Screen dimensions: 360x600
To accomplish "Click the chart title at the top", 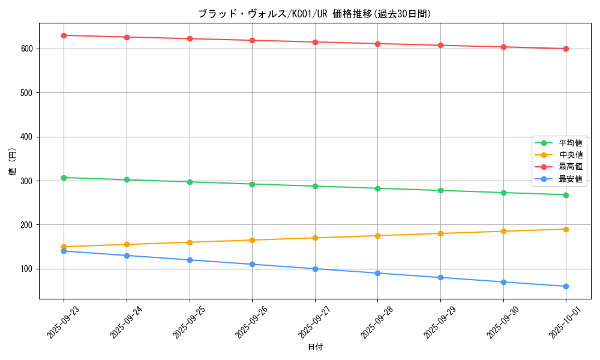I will point(314,14).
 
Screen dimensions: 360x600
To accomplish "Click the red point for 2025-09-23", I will point(64,35).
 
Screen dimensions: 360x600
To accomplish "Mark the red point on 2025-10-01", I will point(566,49).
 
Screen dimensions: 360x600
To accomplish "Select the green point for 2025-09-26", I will point(252,184).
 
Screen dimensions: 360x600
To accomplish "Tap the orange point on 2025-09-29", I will point(440,233).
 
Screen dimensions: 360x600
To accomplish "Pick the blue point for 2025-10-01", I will point(566,286).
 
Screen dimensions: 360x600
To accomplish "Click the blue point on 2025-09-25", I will point(190,260).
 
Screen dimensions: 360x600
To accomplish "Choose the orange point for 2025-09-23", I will point(64,247).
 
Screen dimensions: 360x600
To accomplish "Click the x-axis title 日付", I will point(315,347).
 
